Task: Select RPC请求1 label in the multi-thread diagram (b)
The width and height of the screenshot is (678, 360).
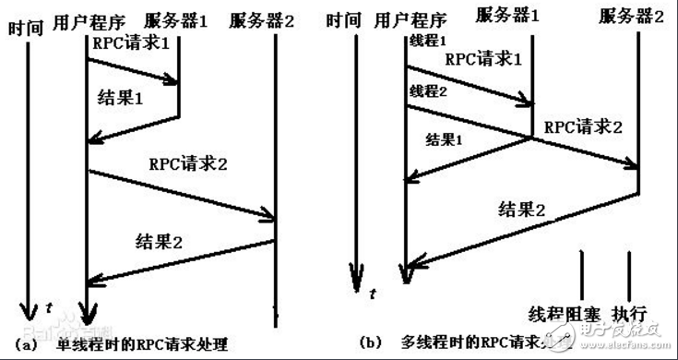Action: pos(484,57)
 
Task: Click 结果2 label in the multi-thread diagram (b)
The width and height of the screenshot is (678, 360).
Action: pos(522,209)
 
